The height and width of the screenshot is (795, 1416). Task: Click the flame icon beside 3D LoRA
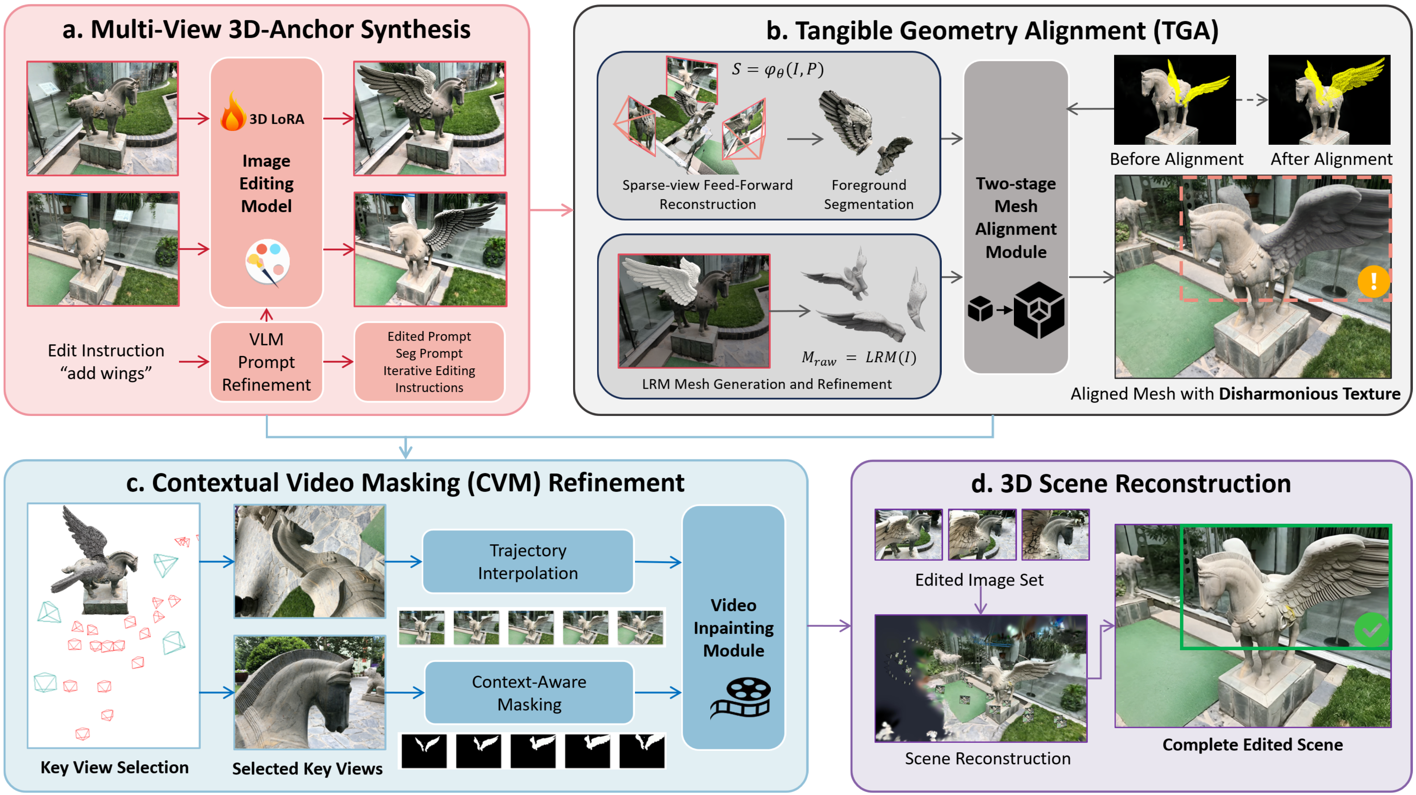coord(233,112)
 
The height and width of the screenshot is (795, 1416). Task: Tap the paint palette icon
coord(268,262)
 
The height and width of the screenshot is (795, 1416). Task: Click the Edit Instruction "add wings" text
coord(106,362)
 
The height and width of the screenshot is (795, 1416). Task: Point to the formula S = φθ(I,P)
coord(777,70)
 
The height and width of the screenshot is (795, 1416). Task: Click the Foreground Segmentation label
coord(868,195)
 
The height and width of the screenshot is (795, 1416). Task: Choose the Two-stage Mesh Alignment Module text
coord(1015,217)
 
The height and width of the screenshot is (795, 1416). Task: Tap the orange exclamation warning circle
coord(1373,281)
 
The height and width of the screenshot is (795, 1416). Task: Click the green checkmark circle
coord(1371,629)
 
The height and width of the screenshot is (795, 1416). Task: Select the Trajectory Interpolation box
coord(528,561)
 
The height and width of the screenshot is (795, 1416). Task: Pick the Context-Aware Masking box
coord(529,693)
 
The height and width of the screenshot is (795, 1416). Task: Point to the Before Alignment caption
coord(1176,159)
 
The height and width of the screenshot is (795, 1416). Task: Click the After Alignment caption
coord(1331,159)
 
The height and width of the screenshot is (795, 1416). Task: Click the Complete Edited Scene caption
coord(1252,744)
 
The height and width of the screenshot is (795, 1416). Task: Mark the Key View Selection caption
coord(114,767)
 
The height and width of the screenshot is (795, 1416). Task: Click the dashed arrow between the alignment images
coord(1252,100)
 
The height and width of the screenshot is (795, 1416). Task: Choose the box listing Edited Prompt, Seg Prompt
coord(429,362)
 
